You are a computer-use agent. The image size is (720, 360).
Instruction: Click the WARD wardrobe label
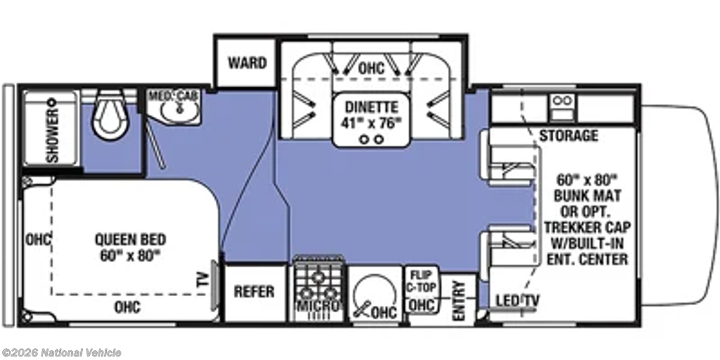[247, 63]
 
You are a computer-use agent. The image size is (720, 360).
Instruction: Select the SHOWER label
[53, 136]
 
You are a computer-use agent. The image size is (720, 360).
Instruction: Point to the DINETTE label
[372, 107]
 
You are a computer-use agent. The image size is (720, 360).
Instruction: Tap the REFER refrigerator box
[255, 292]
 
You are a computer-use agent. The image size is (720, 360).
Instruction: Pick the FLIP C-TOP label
[422, 281]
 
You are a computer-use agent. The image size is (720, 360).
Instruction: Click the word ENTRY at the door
[458, 301]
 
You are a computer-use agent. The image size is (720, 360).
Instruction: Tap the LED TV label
[517, 300]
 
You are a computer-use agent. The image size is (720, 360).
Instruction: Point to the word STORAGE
[568, 136]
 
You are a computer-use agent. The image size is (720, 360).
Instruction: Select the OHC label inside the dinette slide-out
[371, 68]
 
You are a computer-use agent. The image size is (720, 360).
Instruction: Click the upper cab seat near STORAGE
[508, 158]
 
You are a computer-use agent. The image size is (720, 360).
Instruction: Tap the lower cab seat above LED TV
[508, 252]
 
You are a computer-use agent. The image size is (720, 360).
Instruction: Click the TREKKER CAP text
[586, 227]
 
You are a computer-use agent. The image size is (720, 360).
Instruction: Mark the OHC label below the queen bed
[127, 307]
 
